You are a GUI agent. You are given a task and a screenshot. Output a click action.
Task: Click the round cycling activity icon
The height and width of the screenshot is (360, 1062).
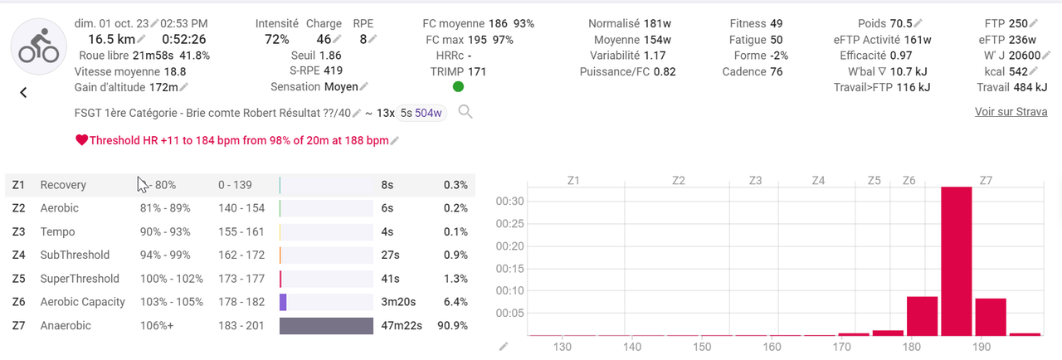[38, 46]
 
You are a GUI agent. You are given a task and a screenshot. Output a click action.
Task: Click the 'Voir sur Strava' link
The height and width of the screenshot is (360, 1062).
[1011, 112]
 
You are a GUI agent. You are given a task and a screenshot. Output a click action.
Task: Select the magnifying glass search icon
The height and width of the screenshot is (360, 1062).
[465, 112]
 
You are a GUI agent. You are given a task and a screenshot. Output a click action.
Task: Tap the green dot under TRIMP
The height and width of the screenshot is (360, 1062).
[459, 87]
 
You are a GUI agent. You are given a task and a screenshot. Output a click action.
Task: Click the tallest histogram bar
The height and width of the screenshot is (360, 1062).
[957, 260]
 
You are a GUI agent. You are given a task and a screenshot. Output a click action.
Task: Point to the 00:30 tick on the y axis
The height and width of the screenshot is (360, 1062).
[509, 202]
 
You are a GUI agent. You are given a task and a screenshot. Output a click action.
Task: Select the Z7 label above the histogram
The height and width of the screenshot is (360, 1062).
[986, 180]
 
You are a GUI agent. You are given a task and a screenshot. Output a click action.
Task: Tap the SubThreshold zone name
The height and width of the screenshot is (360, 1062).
[75, 255]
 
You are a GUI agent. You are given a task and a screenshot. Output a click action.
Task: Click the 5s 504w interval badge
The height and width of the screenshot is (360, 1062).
[421, 113]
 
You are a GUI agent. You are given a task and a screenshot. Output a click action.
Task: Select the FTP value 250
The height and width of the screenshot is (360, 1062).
[1018, 24]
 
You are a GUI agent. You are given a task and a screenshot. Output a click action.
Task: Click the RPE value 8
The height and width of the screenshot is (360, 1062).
[363, 39]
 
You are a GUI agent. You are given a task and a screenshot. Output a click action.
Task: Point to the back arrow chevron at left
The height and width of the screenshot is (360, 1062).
[23, 93]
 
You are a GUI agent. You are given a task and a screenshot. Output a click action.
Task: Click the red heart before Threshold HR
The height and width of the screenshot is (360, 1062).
[81, 141]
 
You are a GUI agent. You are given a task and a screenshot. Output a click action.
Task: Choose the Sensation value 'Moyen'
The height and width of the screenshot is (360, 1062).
[341, 87]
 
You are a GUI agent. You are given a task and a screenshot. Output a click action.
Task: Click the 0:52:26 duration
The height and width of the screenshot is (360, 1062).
[184, 39]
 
